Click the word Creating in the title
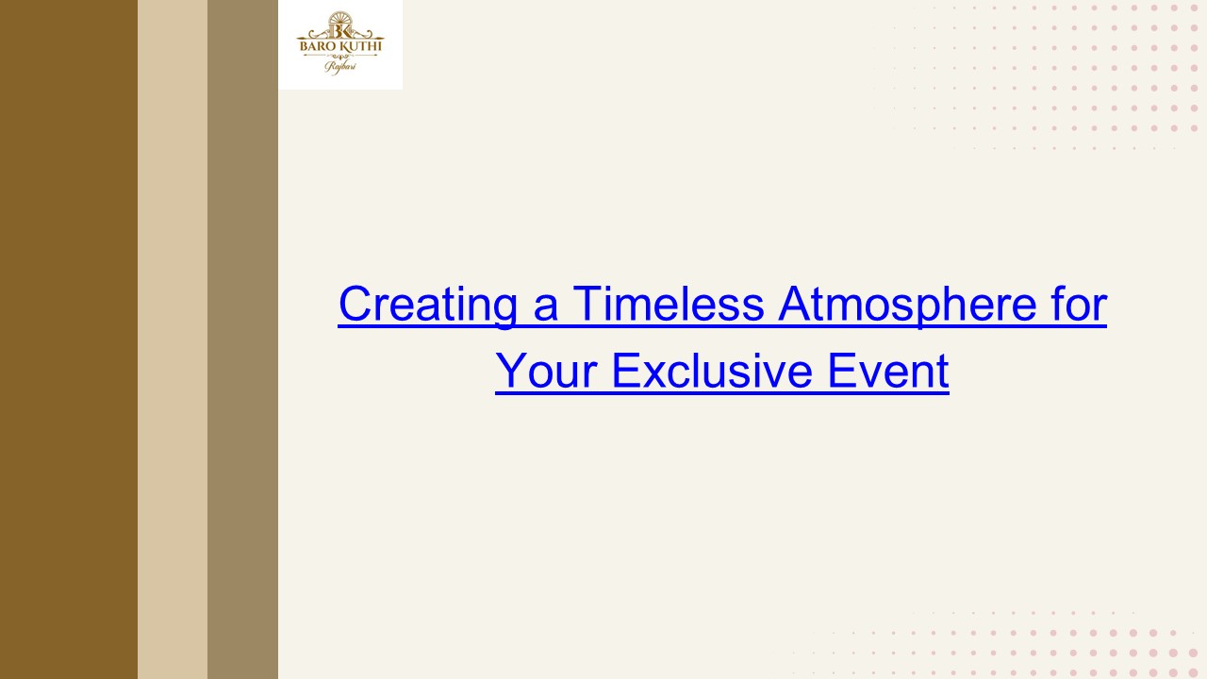coord(425,305)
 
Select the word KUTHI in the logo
coord(361,43)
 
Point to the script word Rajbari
coord(339,66)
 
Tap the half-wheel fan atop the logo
coord(339,16)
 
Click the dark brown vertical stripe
coord(68,339)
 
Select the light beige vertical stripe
coord(173,339)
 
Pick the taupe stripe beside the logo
coord(242,339)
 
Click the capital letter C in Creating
coord(355,304)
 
